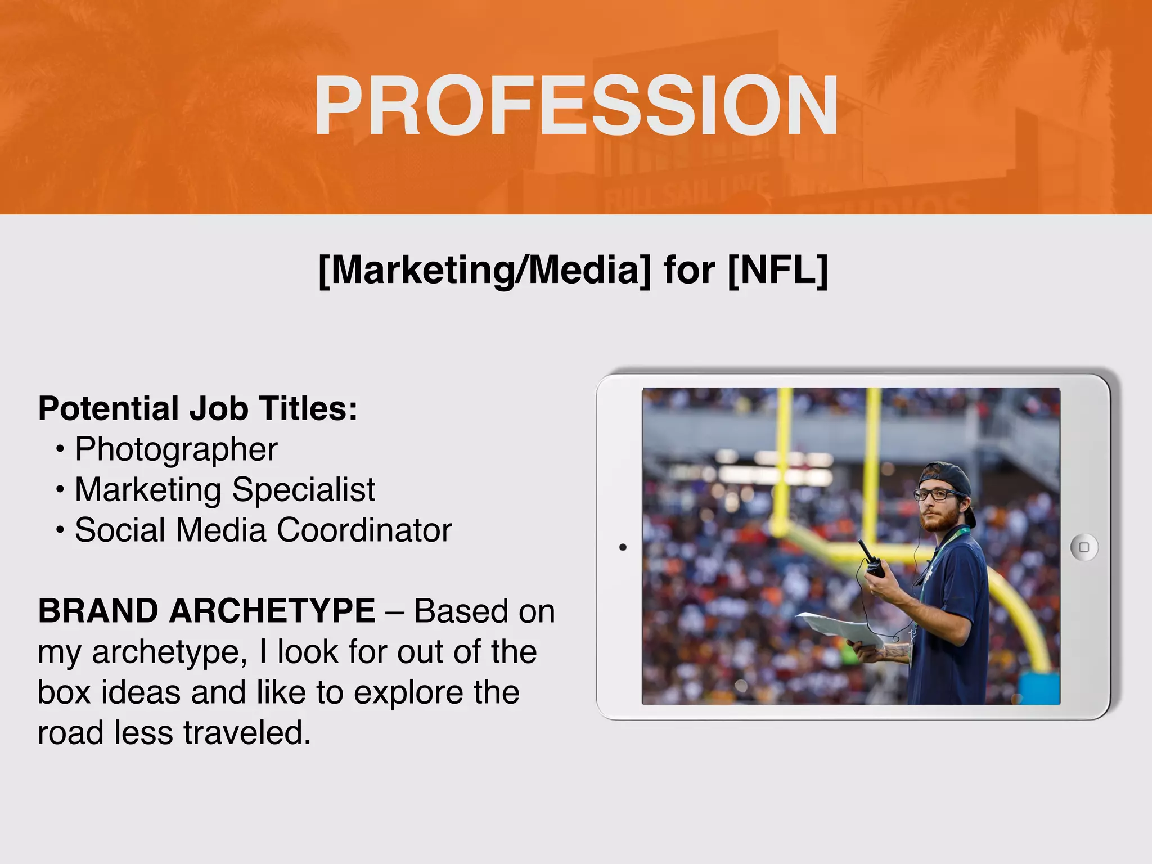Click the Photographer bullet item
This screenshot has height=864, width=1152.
tap(176, 449)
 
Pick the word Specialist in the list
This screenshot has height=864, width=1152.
tap(303, 489)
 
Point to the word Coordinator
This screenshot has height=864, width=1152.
tap(364, 530)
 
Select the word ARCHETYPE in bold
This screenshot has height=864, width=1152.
tap(272, 611)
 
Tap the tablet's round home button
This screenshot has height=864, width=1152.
tap(1084, 547)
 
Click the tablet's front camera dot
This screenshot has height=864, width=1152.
tap(623, 547)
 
